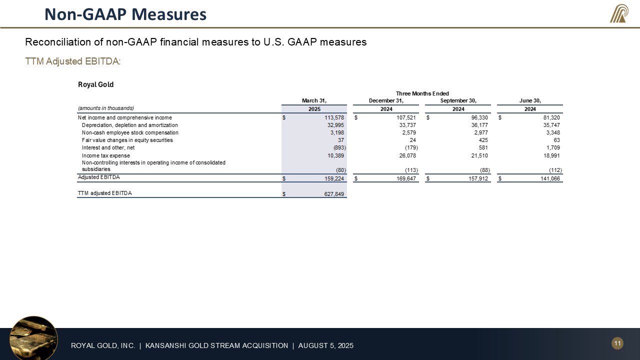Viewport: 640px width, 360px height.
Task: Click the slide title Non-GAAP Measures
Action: point(125,14)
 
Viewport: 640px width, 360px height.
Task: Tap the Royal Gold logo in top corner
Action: point(619,13)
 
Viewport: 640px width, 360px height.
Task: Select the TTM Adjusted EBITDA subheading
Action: point(73,61)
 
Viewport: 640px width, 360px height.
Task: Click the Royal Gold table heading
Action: point(95,84)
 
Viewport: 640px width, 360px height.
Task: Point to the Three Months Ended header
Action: point(422,93)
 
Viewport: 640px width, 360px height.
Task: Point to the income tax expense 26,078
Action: point(406,155)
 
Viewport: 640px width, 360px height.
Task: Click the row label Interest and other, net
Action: point(108,147)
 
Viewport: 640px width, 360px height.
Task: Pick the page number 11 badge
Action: point(617,343)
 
